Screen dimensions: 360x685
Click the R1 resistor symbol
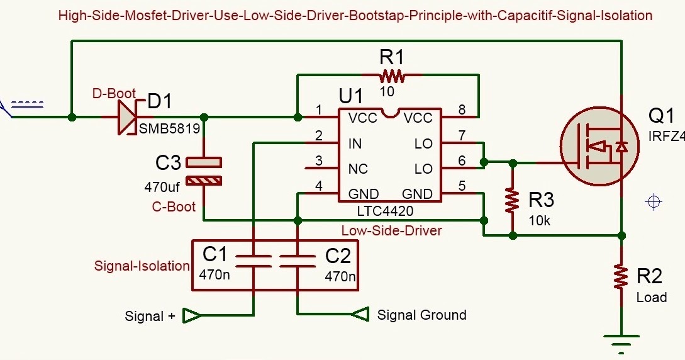click(x=391, y=77)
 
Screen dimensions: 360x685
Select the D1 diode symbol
click(x=128, y=117)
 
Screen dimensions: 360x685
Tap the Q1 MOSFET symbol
click(x=591, y=149)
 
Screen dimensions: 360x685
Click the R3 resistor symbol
click(x=513, y=200)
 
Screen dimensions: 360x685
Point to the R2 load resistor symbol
click(x=621, y=276)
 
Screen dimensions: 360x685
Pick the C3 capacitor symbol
click(x=204, y=171)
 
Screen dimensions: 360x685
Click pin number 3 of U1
click(x=319, y=161)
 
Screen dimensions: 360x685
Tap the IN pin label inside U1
click(x=355, y=144)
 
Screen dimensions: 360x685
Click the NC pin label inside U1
click(x=357, y=169)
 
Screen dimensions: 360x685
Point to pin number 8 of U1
click(x=462, y=110)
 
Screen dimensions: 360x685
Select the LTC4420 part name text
click(x=386, y=211)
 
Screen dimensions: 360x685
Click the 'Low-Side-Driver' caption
click(x=391, y=230)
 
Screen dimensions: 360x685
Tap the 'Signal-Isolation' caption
click(x=142, y=266)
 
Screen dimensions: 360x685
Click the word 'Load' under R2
click(x=652, y=297)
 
